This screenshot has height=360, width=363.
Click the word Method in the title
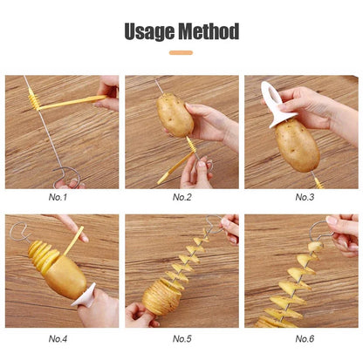point(210,32)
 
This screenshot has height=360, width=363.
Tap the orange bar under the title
point(181,52)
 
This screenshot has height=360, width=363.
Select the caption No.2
point(181,197)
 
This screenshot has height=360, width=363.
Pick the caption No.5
point(181,338)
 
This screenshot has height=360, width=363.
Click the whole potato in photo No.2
point(175,115)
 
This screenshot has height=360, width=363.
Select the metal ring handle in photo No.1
point(68,181)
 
